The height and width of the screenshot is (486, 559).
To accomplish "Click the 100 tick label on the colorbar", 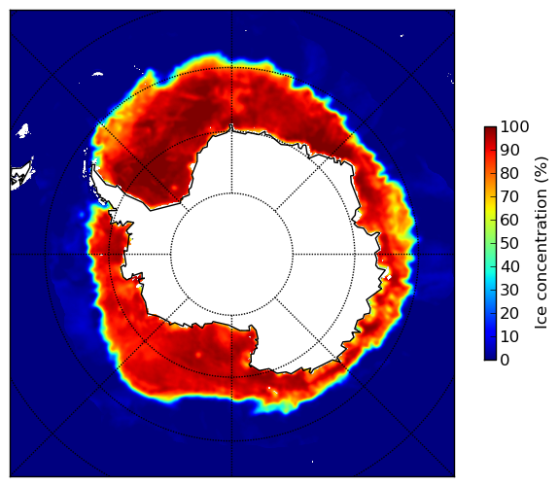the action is tap(514, 126).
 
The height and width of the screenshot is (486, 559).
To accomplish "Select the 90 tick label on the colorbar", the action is tap(509, 150).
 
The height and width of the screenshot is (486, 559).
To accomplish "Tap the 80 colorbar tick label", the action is tap(509, 173).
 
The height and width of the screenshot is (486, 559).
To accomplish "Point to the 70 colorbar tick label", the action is tap(509, 196).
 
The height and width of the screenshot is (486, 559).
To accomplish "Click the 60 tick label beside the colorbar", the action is tap(509, 220).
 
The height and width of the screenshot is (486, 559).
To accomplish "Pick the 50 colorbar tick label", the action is tap(509, 244).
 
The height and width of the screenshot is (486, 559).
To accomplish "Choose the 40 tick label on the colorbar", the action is tap(509, 266).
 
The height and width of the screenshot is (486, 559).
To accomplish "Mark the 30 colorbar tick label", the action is tap(509, 291).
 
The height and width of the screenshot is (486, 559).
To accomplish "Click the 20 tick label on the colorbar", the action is tap(509, 313).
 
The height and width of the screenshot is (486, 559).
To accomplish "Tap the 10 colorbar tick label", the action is tap(509, 337).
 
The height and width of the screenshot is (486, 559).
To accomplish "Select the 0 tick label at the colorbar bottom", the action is tap(505, 361).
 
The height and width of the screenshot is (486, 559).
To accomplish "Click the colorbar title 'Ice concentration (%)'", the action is tap(541, 243).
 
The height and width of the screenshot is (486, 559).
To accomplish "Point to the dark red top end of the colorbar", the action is tap(490, 129).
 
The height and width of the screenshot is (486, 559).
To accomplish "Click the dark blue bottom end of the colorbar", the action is tap(490, 358).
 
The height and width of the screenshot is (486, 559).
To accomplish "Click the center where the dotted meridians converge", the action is tap(231, 255).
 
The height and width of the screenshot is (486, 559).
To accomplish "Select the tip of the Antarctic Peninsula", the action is tap(93, 166).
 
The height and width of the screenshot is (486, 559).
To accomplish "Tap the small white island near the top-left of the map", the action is tap(97, 74).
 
